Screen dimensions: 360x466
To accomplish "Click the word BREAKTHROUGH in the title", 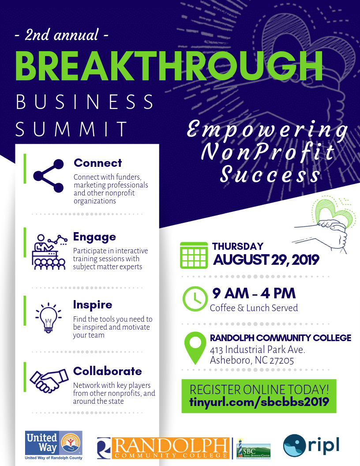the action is [x=169, y=66].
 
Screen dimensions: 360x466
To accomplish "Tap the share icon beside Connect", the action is [x=49, y=176].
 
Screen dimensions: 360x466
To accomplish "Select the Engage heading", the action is [x=94, y=237].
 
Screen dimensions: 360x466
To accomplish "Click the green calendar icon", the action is [x=194, y=256].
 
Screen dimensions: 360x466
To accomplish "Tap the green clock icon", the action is [x=195, y=299].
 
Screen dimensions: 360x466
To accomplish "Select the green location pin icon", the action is [x=195, y=348].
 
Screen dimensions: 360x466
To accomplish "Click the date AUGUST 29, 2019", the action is [x=266, y=260].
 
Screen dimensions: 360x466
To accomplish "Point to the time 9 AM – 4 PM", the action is [x=254, y=293].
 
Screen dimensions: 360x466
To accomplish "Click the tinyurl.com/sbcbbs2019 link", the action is [x=259, y=402].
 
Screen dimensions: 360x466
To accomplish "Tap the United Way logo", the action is [x=54, y=445].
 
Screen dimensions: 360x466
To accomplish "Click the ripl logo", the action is [x=311, y=445].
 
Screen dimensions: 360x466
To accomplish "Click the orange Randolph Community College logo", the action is [x=163, y=448].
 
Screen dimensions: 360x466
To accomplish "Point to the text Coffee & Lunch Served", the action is [x=254, y=308].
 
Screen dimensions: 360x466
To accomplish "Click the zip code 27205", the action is [x=281, y=361].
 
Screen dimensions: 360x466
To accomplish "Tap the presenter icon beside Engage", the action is [x=49, y=252].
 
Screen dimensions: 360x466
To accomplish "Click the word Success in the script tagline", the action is [x=270, y=174].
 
